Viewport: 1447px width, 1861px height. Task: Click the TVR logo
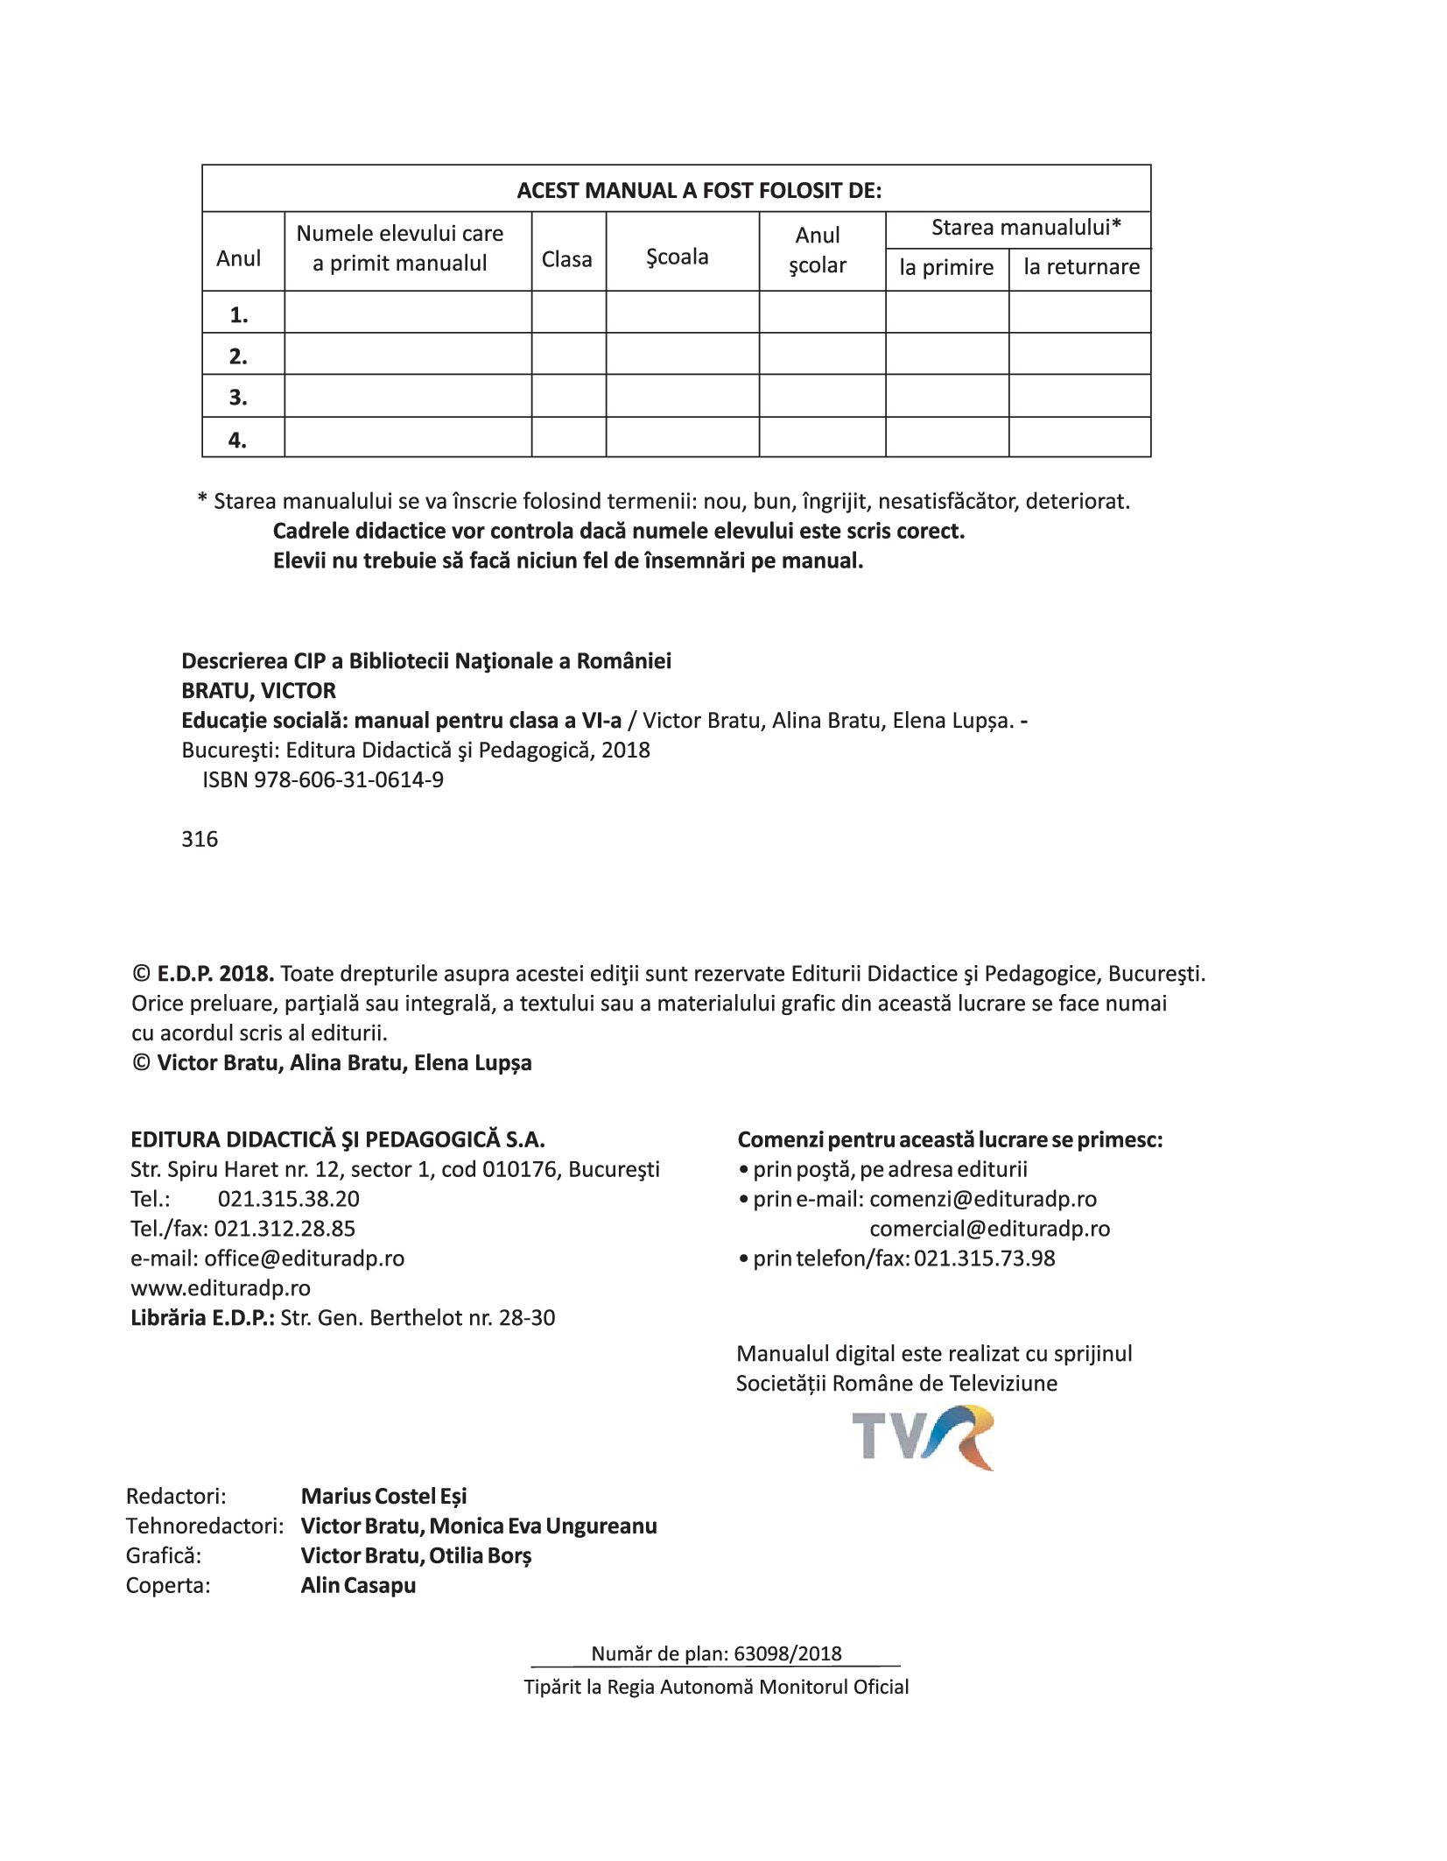[x=923, y=1437]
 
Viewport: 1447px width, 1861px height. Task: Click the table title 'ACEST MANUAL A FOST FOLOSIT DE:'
[x=699, y=191]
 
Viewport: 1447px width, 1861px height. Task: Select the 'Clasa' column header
[x=566, y=259]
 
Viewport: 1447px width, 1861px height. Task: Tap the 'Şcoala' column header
[x=677, y=257]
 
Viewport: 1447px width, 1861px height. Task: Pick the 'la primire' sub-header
[x=946, y=267]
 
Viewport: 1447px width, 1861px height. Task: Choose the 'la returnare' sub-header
[x=1081, y=267]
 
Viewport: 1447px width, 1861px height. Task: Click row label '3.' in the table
[x=238, y=398]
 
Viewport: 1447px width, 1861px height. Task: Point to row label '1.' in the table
[x=238, y=315]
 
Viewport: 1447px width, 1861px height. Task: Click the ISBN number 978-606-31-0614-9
[x=348, y=780]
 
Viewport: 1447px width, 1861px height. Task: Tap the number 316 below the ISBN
[x=200, y=840]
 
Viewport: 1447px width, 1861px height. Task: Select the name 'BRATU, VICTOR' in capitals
[x=258, y=691]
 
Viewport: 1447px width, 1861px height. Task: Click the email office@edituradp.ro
[x=304, y=1258]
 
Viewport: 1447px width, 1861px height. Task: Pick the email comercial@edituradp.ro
[x=989, y=1229]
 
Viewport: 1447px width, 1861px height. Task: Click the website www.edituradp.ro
[x=221, y=1288]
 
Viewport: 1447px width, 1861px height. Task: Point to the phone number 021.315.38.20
[x=288, y=1199]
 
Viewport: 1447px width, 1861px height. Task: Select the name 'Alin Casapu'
[x=358, y=1585]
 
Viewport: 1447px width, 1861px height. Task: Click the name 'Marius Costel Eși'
[x=383, y=1496]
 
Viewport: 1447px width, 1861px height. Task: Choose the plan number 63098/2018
[x=788, y=1653]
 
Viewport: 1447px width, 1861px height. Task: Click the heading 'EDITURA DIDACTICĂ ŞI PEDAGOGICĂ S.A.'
[x=338, y=1139]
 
